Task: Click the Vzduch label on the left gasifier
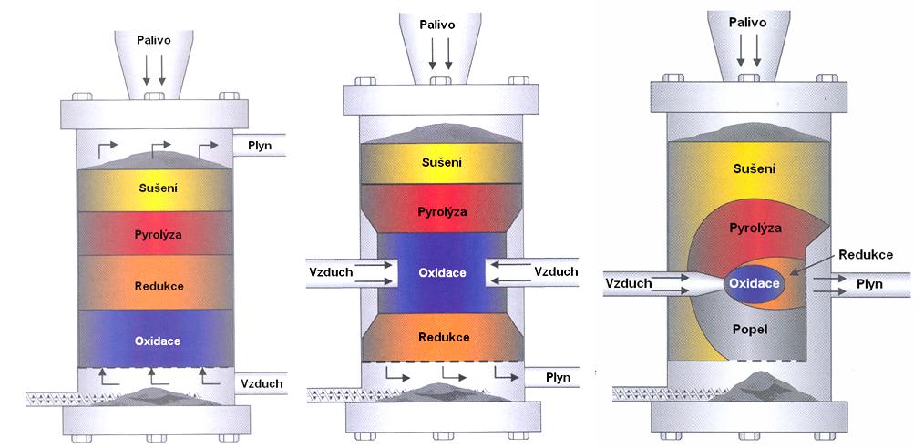point(260,382)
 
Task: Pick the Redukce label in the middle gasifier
point(444,337)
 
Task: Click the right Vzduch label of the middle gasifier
point(556,270)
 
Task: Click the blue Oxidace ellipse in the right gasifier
point(754,283)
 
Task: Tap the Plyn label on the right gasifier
point(870,283)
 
